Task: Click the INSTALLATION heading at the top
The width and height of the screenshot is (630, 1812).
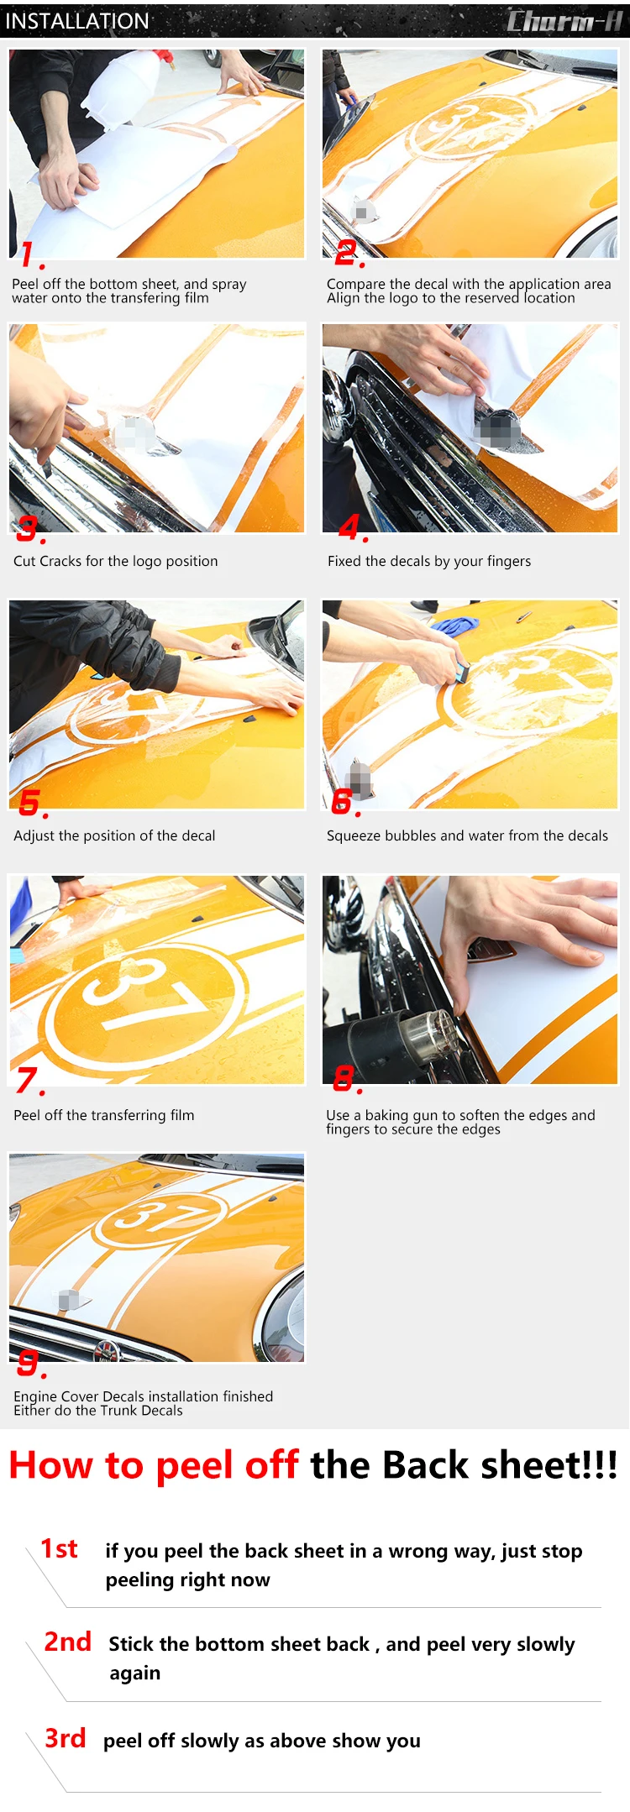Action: (77, 21)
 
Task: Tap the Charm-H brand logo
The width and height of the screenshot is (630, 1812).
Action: (564, 20)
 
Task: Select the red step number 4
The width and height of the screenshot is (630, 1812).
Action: (353, 528)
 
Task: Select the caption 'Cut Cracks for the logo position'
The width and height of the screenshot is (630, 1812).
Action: (116, 561)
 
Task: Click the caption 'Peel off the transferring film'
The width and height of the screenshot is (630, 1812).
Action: (104, 1115)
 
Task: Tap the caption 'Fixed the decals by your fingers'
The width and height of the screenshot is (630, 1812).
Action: (429, 561)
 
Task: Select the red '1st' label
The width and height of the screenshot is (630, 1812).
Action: (59, 1549)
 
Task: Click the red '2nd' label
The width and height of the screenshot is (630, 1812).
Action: (67, 1642)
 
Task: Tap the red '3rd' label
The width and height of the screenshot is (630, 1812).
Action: (66, 1738)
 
